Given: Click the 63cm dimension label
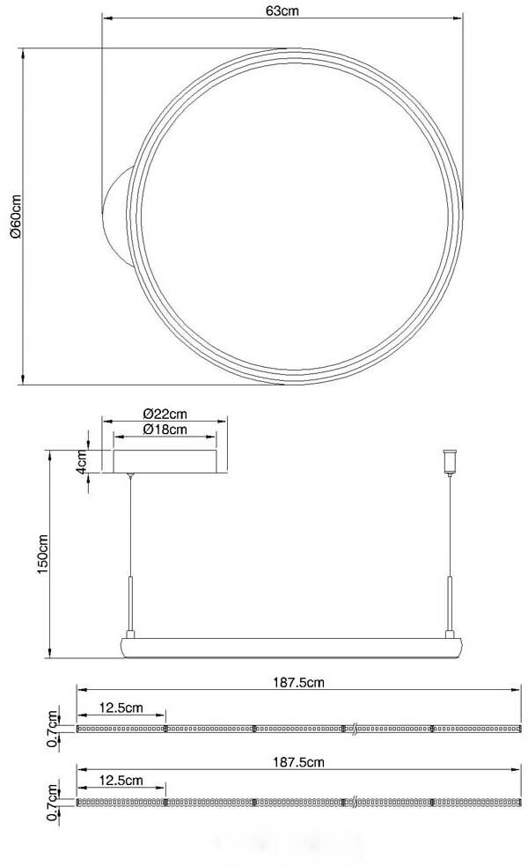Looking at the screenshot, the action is coord(282,11).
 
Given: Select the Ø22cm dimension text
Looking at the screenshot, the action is coord(165,413).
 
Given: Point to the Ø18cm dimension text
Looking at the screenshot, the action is coord(165,429).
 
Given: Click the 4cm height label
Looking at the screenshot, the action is coord(81,461).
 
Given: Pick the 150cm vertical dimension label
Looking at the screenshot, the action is coord(43,554).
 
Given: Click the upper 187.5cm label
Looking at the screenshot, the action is coord(299,682).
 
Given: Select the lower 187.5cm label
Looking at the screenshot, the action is coord(299,762).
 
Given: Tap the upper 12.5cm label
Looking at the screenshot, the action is coord(121,708).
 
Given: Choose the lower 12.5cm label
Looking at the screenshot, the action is coord(121,781).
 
